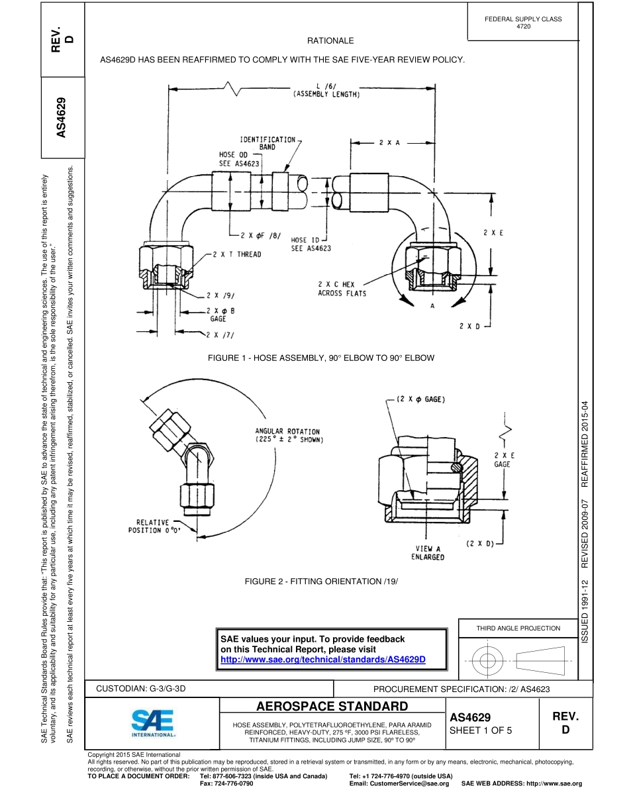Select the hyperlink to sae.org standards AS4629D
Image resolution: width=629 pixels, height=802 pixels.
(322, 660)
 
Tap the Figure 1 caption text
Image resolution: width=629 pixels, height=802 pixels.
(321, 358)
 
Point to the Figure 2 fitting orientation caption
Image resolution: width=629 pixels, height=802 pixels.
(321, 581)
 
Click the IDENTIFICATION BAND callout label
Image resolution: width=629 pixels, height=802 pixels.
(267, 143)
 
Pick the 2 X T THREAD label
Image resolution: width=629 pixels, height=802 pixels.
(237, 254)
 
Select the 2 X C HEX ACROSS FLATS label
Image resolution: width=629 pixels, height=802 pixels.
(342, 289)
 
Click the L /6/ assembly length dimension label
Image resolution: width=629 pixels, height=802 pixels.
(326, 90)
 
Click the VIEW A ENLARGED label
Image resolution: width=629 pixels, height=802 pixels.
(428, 553)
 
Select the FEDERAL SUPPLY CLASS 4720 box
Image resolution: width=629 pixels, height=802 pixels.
(523, 23)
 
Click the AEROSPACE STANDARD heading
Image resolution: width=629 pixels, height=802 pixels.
(332, 705)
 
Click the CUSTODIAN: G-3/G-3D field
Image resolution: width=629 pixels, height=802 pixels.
(141, 689)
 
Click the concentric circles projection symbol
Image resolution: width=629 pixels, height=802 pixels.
(487, 660)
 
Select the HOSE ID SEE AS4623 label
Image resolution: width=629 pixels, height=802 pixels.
(311, 244)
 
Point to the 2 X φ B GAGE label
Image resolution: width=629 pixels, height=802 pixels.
(217, 315)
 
